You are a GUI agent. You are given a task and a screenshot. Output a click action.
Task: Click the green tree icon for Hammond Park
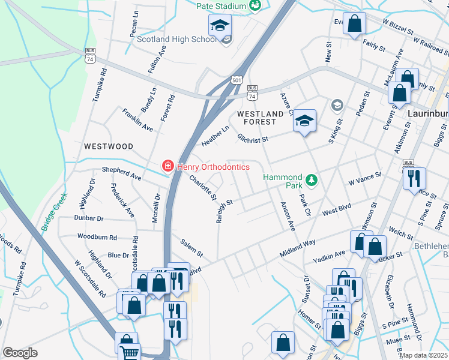[x=312, y=179]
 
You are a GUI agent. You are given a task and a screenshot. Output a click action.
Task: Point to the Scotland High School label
[x=176, y=39]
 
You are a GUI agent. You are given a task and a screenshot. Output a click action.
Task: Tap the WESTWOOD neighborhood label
[x=108, y=146]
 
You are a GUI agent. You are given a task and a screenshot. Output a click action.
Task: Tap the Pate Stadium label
[x=221, y=6]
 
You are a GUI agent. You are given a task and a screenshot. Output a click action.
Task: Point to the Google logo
[x=20, y=353]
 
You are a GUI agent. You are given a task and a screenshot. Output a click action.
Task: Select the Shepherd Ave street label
[x=121, y=173]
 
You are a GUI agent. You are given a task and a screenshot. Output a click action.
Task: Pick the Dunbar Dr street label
[x=89, y=218]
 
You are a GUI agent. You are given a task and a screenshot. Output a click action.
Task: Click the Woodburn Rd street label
[x=97, y=236]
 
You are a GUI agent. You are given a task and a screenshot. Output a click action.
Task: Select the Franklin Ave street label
[x=137, y=119]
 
